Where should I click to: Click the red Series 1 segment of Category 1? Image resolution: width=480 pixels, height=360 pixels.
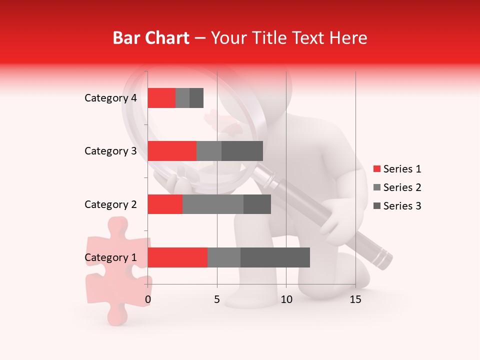177,257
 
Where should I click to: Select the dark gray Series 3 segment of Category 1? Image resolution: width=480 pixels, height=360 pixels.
275,257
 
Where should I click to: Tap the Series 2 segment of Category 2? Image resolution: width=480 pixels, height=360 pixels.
212,204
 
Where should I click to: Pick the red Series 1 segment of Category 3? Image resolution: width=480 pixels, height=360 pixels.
172,151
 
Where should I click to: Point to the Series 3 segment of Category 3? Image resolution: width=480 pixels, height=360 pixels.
242,151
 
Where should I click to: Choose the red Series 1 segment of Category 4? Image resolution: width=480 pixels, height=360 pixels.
161,98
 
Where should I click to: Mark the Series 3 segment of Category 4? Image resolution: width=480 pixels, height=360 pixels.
196,98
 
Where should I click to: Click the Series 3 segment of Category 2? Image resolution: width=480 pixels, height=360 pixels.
257,204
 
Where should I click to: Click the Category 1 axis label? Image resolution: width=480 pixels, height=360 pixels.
110,257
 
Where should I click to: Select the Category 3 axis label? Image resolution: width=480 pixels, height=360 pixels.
110,151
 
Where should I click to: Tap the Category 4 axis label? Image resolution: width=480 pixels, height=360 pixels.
110,98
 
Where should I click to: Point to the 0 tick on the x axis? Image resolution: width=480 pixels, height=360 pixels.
148,299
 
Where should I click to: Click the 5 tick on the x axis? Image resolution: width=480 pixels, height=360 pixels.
217,299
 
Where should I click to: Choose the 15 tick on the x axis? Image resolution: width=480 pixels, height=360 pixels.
355,299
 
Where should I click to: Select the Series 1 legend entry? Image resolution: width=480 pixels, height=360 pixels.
397,169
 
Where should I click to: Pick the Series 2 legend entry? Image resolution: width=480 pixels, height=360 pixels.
397,187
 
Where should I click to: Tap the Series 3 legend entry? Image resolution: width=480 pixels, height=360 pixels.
397,206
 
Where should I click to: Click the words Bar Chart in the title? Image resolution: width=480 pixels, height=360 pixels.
151,38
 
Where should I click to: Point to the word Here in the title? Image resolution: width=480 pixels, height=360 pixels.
348,38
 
